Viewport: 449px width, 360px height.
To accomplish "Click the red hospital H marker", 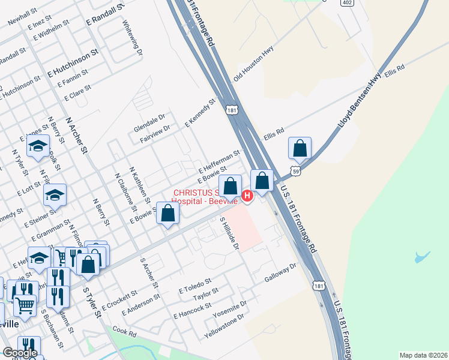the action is pyautogui.click(x=247, y=196).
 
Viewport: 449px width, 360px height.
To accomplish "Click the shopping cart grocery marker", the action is pyautogui.click(x=25, y=305).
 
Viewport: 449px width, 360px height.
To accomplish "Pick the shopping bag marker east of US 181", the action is pyautogui.click(x=300, y=148).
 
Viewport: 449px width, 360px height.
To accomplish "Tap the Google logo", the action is pyautogui.click(x=20, y=353).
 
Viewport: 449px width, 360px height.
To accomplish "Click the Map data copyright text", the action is pyautogui.click(x=423, y=355).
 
